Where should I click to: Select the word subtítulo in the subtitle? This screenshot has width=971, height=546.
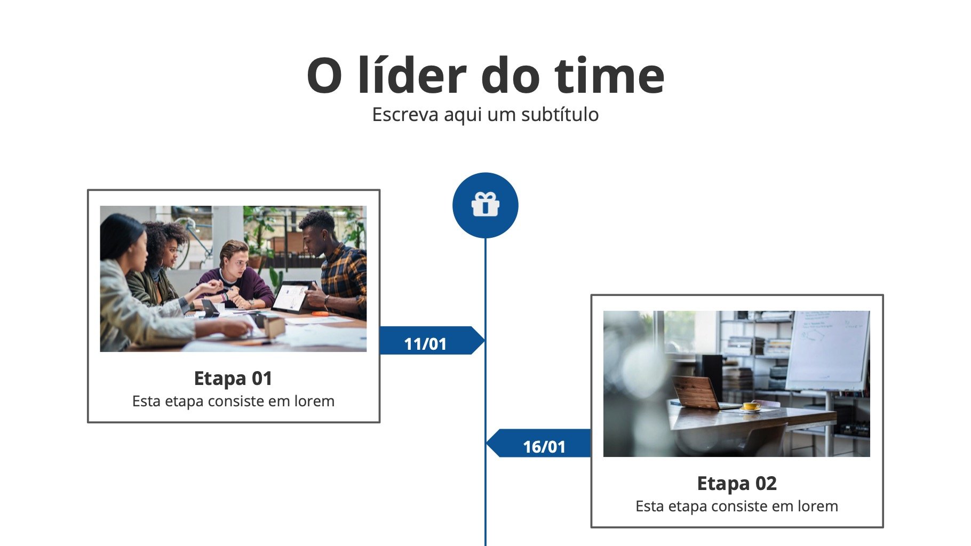[560, 114]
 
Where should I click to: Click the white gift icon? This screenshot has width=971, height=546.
[485, 205]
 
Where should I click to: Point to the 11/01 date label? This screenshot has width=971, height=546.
[425, 344]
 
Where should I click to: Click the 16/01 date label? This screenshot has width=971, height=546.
[544, 447]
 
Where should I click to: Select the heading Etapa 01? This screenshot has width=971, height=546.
[233, 379]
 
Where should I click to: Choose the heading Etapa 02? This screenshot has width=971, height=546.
[737, 484]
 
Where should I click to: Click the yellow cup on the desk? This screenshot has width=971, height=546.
[751, 406]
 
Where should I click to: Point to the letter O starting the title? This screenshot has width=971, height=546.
[324, 76]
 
